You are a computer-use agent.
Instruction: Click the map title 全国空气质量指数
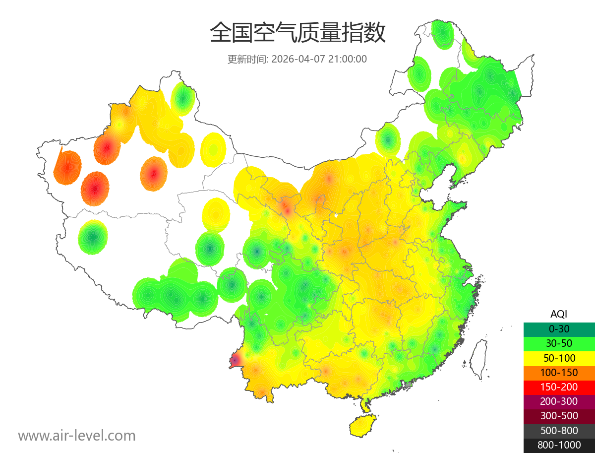(x=297, y=33)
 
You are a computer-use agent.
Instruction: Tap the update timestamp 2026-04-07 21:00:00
(x=319, y=59)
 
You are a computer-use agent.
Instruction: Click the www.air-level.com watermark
(x=77, y=436)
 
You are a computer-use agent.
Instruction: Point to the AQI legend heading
(x=559, y=314)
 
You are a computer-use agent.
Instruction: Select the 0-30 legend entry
(x=559, y=329)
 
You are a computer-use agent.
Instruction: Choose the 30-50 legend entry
(x=559, y=343)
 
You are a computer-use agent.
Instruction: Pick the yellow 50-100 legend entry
(x=559, y=358)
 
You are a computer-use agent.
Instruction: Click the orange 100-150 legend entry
(x=559, y=373)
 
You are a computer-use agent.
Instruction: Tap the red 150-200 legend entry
(x=559, y=387)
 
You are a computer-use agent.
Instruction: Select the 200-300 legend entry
(x=559, y=401)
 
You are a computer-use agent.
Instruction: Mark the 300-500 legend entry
(x=559, y=416)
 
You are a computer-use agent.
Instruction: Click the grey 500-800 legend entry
(x=559, y=431)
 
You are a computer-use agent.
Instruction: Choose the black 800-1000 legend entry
(x=559, y=445)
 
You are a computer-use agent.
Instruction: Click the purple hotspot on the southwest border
(x=235, y=360)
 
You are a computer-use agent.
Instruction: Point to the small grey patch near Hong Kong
(x=409, y=385)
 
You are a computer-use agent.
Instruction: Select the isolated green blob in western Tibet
(x=93, y=237)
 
